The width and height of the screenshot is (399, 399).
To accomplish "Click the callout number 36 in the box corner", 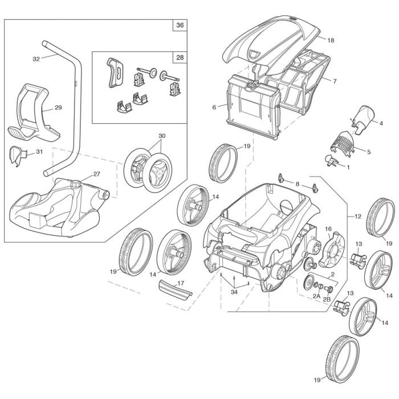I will pyautogui.click(x=180, y=26).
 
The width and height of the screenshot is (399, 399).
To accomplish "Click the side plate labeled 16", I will pyautogui.click(x=331, y=251).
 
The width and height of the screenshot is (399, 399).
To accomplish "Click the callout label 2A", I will pyautogui.click(x=316, y=295).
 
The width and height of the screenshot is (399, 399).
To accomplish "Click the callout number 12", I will pyautogui.click(x=357, y=217).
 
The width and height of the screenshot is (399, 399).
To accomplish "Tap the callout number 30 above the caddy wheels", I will pyautogui.click(x=162, y=136).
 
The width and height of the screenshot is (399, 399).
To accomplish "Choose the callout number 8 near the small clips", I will pyautogui.click(x=297, y=183).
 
